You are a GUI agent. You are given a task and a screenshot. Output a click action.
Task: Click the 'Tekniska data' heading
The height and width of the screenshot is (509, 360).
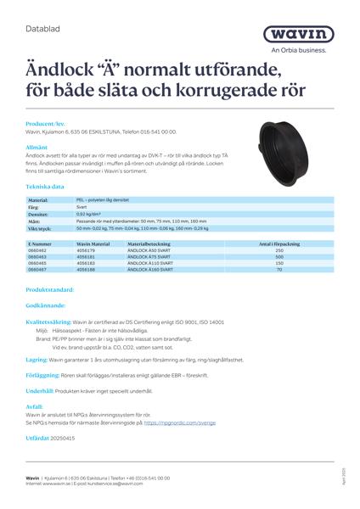coord(45,186)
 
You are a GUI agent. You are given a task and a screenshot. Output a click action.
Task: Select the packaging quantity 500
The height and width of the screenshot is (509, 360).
coord(279,256)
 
